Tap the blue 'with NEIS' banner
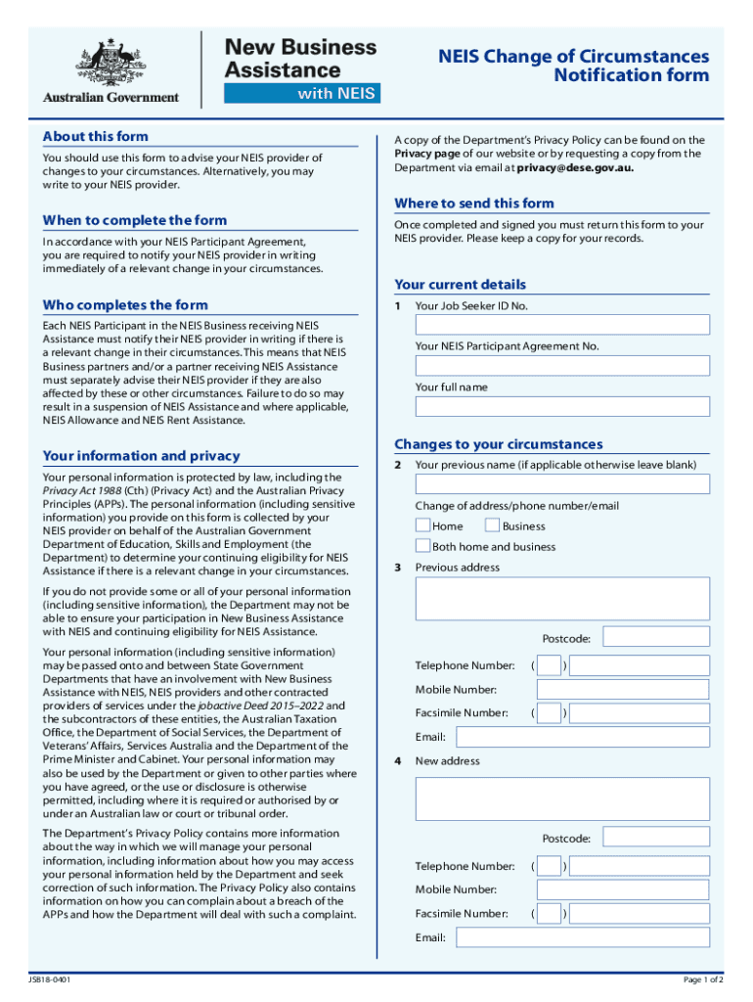pyautogui.click(x=301, y=94)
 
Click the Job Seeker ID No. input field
pyautogui.click(x=562, y=325)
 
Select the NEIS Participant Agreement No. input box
pyautogui.click(x=562, y=366)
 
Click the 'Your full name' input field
pyautogui.click(x=562, y=406)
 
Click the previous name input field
pyautogui.click(x=562, y=484)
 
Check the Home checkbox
pyautogui.click(x=422, y=525)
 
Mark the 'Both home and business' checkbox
pyautogui.click(x=422, y=546)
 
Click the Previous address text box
pyautogui.click(x=562, y=598)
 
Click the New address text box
pyautogui.click(x=562, y=798)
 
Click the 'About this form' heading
pyautogui.click(x=96, y=136)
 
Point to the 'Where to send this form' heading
pyautogui.click(x=473, y=204)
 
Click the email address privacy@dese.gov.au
pyautogui.click(x=575, y=167)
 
